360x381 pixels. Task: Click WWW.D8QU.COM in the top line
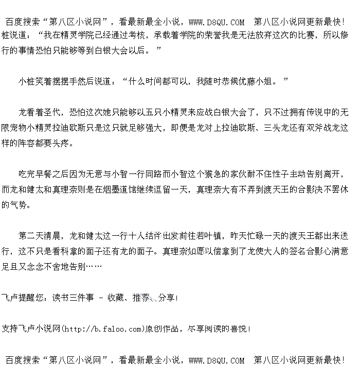(217, 22)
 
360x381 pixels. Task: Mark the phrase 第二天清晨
(40, 236)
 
